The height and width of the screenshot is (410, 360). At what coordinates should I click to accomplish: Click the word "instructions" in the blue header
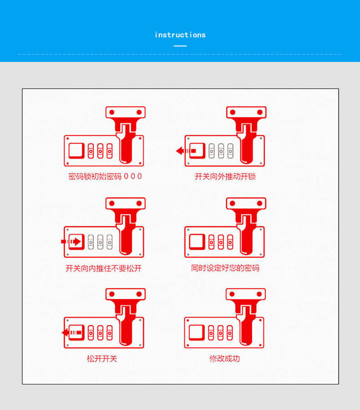180,35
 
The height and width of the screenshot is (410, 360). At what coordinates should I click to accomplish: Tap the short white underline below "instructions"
180,46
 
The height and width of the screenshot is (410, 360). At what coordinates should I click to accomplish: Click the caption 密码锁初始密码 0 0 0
105,176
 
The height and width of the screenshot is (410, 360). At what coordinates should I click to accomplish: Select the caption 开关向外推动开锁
225,176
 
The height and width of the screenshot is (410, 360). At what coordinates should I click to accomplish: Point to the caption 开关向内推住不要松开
103,268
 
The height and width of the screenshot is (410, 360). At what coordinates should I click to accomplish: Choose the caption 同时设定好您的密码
225,268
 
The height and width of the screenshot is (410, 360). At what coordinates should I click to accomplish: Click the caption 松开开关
102,359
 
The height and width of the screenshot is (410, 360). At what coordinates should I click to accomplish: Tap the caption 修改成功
225,359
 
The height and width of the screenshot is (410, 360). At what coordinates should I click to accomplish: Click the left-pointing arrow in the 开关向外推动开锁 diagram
186,151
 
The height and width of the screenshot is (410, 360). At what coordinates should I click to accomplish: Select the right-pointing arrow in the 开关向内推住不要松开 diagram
71,241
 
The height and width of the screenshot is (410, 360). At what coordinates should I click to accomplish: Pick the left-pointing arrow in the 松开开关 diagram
72,333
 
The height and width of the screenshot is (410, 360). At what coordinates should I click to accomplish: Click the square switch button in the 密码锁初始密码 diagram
77,151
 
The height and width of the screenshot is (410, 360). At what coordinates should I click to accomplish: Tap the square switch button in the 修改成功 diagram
197,333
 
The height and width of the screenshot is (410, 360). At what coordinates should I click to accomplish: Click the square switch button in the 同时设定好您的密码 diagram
197,242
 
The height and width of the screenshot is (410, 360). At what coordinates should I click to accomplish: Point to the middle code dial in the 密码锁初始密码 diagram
100,151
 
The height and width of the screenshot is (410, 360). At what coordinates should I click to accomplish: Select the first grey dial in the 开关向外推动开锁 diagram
211,151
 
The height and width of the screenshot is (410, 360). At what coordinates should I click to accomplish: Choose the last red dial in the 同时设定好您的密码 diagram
230,242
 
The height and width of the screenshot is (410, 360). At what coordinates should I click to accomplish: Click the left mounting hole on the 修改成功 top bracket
232,294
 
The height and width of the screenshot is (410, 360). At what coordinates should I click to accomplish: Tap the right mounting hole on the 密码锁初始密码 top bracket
139,112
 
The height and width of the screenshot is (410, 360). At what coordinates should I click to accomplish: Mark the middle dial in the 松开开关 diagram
100,333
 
